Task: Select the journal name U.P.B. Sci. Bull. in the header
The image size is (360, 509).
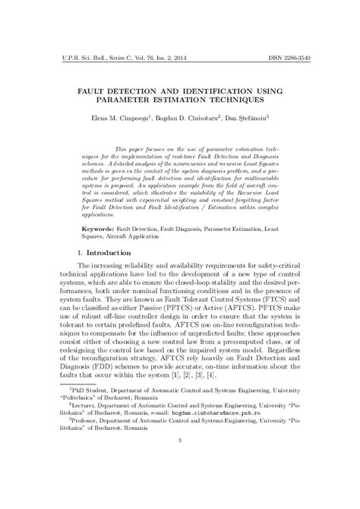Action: pyautogui.click(x=74, y=58)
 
